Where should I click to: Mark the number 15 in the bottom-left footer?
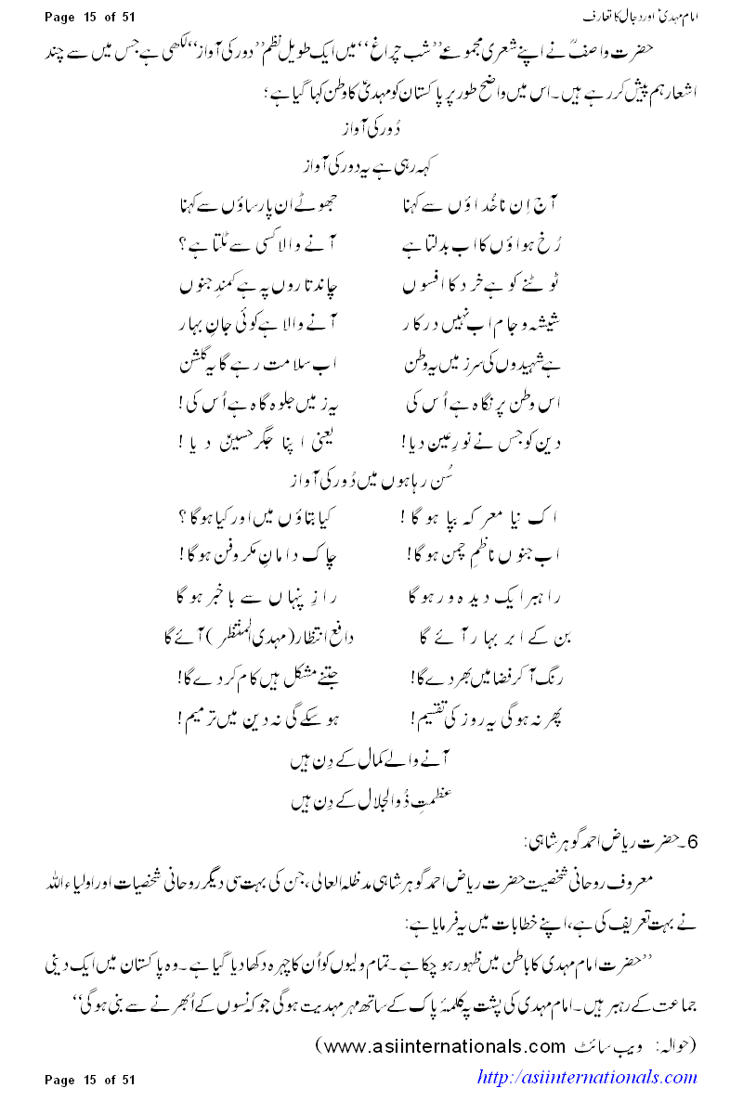point(89,1078)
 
